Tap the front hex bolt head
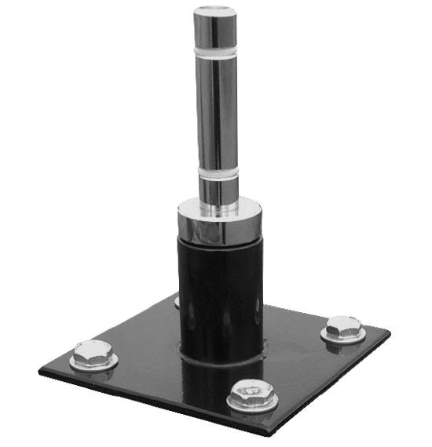[252, 390]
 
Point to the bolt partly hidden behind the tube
[177, 300]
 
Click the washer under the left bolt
[93, 364]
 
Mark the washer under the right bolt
[342, 337]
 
